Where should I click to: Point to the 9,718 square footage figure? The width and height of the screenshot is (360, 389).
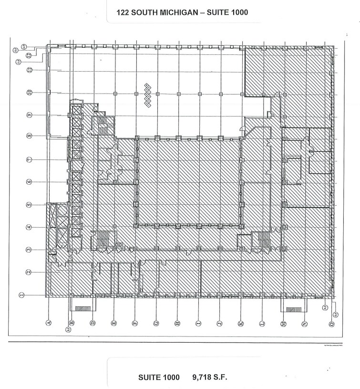[204, 377]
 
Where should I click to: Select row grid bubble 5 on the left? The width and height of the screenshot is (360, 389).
[29, 205]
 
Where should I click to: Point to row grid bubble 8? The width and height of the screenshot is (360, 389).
[29, 136]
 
